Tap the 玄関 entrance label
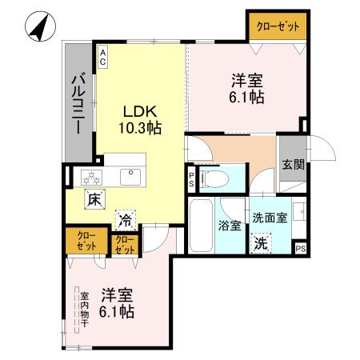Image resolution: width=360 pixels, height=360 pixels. tap(292, 166)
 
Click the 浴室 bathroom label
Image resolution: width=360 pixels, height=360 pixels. tap(230, 225)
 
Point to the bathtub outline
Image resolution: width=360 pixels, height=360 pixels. tap(201, 228)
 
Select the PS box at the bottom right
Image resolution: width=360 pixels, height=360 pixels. tap(300, 249)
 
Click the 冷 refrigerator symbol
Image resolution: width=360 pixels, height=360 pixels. tap(125, 217)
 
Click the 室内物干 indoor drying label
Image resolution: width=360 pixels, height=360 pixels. tap(82, 308)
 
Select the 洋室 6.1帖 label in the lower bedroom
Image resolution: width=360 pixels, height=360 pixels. tap(117, 302)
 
